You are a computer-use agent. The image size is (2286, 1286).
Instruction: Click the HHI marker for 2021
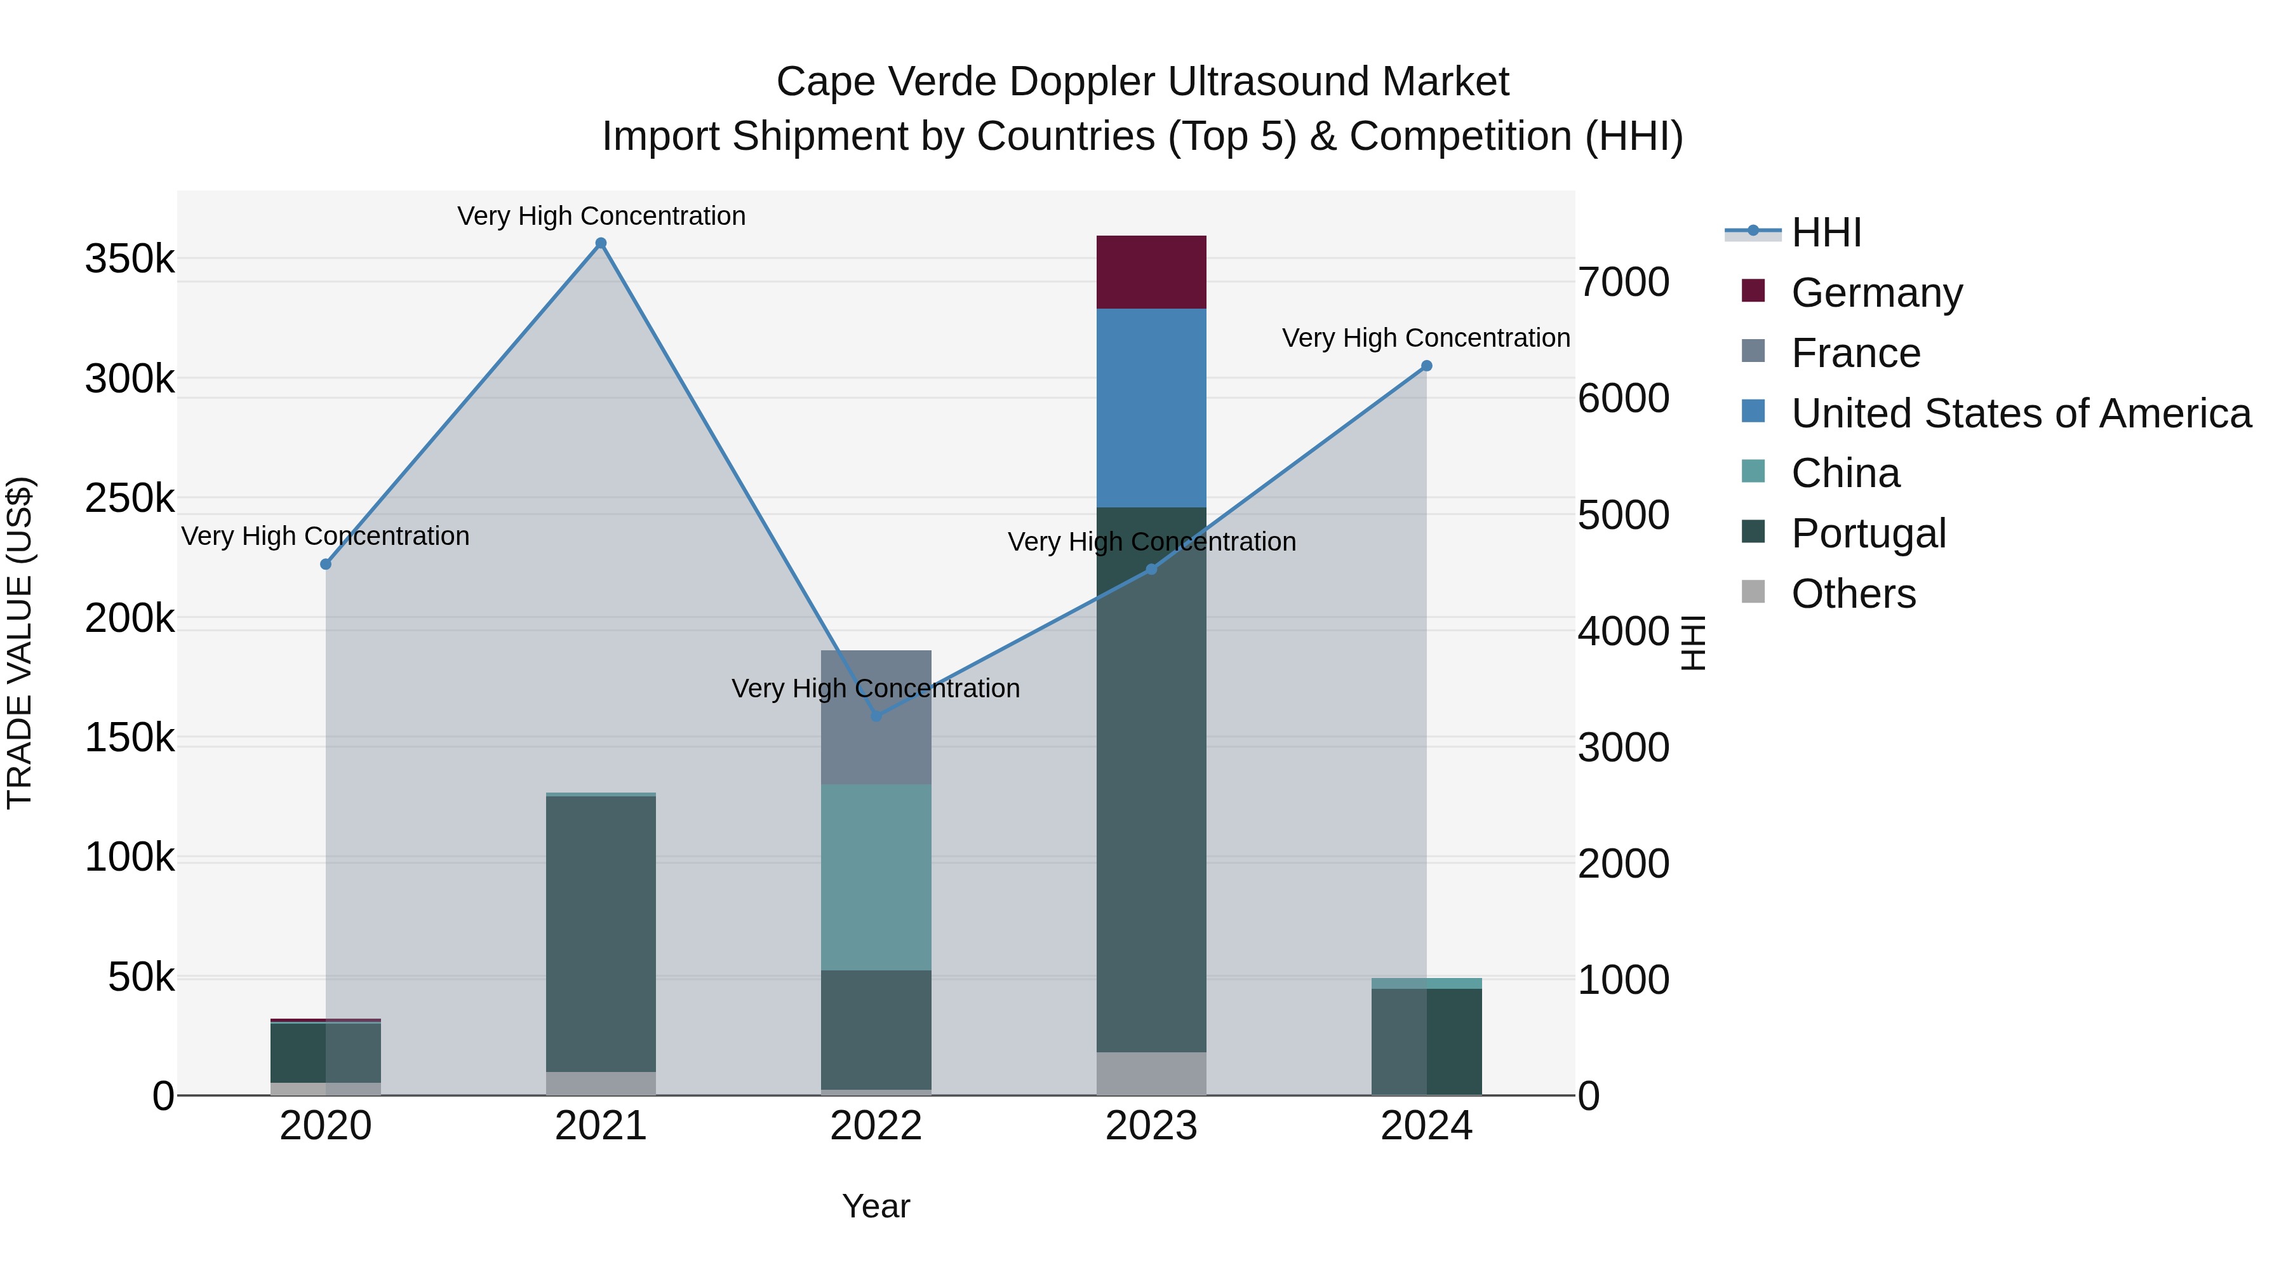coord(601,243)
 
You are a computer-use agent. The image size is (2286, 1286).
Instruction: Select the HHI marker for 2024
coord(1426,366)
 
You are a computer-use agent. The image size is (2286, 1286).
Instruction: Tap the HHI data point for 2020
coord(326,565)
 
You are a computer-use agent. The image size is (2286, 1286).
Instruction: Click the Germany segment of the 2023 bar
coord(1151,272)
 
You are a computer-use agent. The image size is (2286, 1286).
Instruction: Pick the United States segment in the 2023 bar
coord(1151,408)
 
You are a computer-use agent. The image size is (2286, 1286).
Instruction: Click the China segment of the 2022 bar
coord(876,877)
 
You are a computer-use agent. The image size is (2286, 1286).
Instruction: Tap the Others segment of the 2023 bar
coord(1151,1074)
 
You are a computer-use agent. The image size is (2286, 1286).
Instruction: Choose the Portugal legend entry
coord(1868,533)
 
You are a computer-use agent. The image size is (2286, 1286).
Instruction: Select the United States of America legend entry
coord(2021,413)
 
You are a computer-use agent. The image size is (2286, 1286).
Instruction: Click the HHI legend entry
coord(1826,232)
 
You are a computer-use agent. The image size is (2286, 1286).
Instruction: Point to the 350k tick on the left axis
coord(130,259)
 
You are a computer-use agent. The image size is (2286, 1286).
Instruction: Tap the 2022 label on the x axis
coord(876,1126)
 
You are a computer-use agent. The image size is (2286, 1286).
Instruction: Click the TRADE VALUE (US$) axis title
coord(20,643)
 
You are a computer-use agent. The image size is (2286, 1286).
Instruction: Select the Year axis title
coord(876,1206)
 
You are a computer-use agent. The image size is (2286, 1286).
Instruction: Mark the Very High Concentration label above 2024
coord(1426,338)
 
